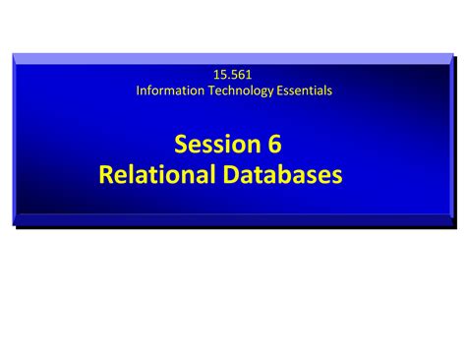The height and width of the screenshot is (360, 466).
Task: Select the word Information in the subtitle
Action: (x=169, y=91)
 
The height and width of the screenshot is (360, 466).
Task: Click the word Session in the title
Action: (x=211, y=145)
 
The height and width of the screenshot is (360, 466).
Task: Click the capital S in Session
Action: (x=182, y=145)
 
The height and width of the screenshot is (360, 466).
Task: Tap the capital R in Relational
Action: (x=107, y=175)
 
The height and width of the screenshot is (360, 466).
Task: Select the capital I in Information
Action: (x=138, y=91)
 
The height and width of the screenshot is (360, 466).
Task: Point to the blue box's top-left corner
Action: (x=14, y=54)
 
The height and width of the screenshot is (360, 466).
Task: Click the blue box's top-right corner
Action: (x=451, y=54)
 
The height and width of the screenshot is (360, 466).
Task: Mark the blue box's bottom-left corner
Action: (x=14, y=225)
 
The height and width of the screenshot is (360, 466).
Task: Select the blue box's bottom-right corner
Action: (x=451, y=225)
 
